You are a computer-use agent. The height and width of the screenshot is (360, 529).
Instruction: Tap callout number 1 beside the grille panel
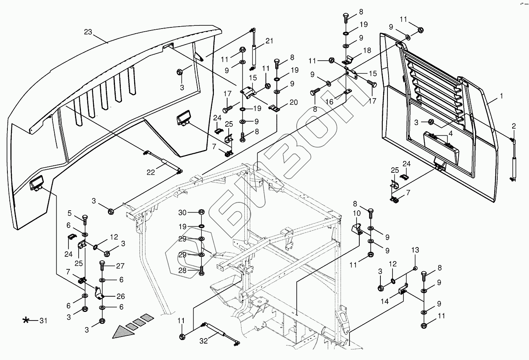(501, 96)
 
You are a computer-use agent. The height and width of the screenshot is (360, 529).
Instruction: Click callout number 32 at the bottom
(204, 341)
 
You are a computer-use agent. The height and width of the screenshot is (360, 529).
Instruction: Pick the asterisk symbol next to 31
(26, 321)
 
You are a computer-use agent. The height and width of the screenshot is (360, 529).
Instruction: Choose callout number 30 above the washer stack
(183, 212)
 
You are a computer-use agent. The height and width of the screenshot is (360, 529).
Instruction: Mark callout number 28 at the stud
(183, 270)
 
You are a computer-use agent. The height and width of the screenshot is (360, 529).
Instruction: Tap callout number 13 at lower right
(415, 250)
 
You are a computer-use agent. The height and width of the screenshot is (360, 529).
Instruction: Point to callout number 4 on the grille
(451, 133)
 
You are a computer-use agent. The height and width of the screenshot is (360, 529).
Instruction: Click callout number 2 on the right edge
(513, 126)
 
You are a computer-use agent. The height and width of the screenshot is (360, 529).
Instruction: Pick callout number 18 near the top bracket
(367, 50)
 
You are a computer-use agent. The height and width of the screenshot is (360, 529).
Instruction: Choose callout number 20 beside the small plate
(293, 102)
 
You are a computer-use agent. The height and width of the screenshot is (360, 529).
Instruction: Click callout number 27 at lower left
(120, 266)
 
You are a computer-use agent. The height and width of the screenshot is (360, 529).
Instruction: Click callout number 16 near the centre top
(329, 102)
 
